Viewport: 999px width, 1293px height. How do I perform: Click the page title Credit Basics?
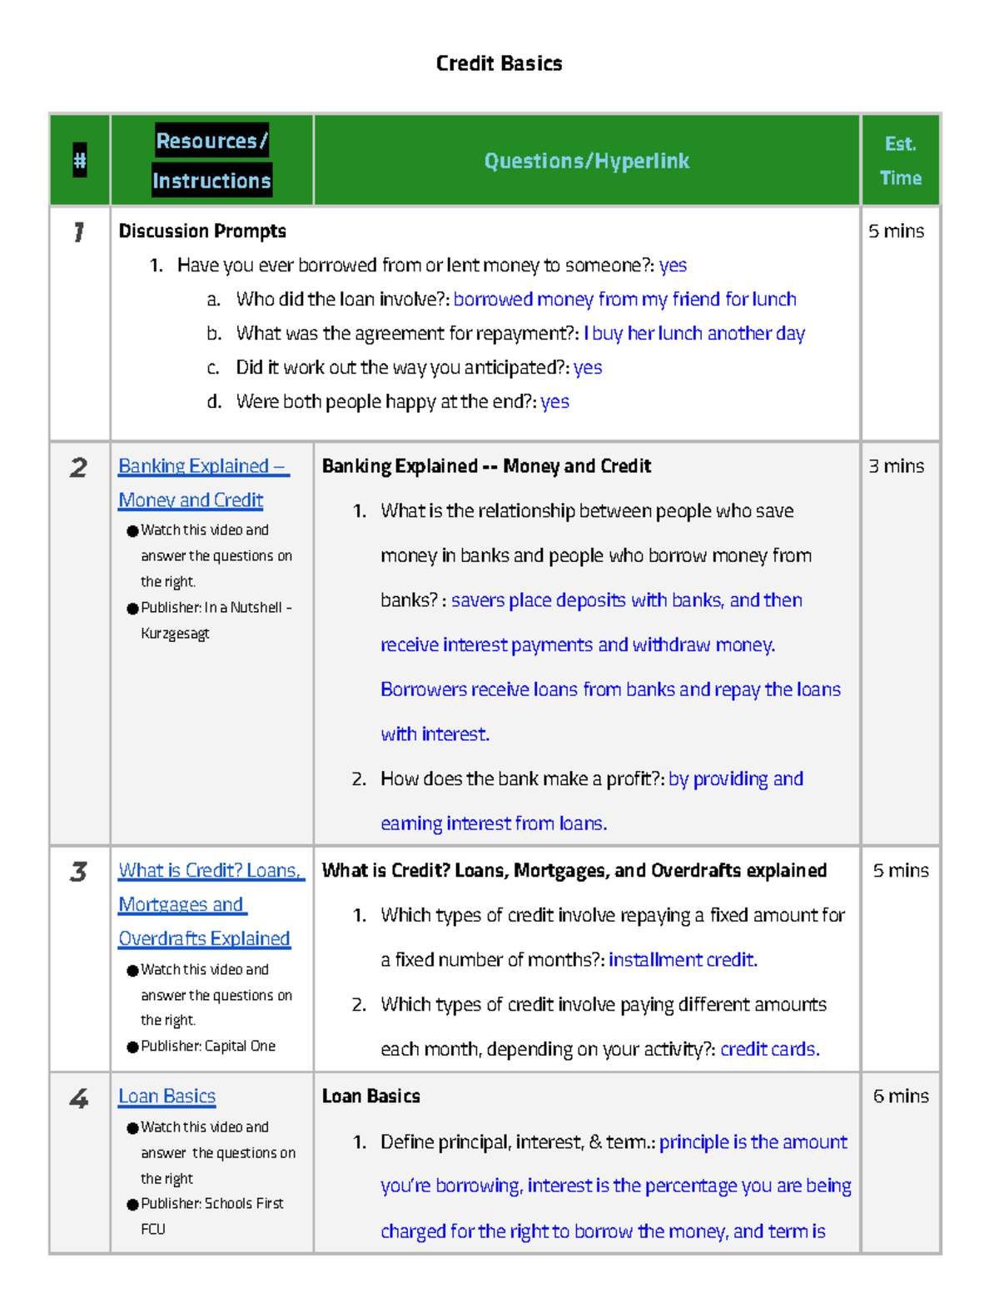click(499, 63)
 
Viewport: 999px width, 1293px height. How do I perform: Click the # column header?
click(80, 160)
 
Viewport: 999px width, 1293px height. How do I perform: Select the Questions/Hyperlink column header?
click(586, 161)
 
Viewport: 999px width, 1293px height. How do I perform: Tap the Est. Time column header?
click(900, 161)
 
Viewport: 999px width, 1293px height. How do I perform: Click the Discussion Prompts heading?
click(202, 231)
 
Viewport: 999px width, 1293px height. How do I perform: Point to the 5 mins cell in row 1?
click(896, 231)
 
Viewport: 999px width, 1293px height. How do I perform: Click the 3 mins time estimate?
click(896, 465)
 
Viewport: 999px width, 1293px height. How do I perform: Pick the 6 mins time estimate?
click(900, 1096)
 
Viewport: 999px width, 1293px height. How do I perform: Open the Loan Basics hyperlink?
click(166, 1096)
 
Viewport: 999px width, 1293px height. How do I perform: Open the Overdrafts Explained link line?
click(204, 938)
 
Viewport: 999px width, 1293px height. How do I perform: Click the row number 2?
click(78, 467)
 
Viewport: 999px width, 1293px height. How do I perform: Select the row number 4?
click(78, 1098)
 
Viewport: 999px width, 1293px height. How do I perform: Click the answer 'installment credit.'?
click(683, 959)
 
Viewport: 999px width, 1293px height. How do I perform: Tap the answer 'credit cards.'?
click(769, 1049)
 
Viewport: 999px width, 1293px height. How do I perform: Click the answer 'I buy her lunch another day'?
click(694, 333)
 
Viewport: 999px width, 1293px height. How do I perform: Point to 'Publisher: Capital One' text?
click(208, 1046)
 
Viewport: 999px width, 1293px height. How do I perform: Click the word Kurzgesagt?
click(175, 633)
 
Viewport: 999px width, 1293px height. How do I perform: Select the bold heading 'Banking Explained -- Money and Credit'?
click(486, 465)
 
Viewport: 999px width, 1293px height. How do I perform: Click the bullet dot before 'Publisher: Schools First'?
click(132, 1204)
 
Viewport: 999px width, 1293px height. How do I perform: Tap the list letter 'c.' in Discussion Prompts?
click(214, 367)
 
